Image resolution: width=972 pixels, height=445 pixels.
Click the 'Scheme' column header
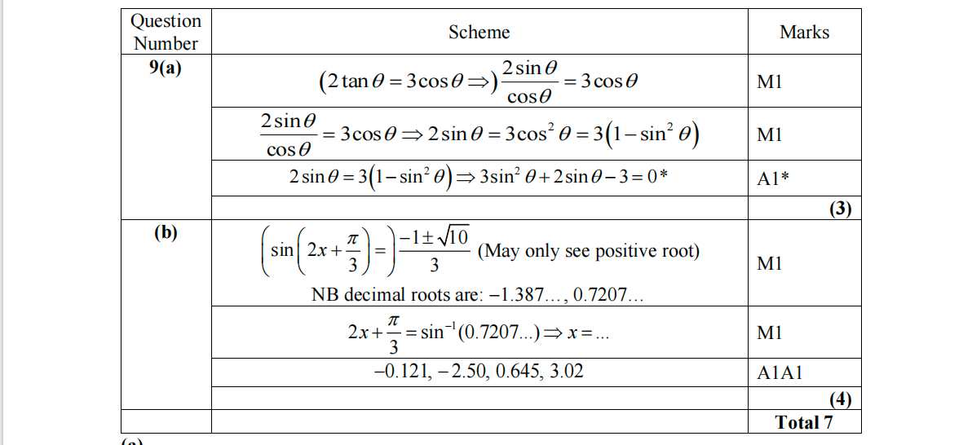click(x=479, y=33)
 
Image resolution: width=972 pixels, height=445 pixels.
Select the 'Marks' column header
click(x=804, y=33)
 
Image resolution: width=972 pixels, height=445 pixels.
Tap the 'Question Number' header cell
click(x=166, y=33)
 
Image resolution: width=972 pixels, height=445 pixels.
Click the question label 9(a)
click(x=166, y=68)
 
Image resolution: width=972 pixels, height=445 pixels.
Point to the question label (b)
click(x=166, y=233)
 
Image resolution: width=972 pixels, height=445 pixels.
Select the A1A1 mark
click(x=780, y=373)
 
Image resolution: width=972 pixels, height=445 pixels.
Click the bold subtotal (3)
click(x=840, y=209)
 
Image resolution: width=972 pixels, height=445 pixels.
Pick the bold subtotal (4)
click(x=840, y=399)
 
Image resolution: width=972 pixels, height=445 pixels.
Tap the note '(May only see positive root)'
click(x=588, y=251)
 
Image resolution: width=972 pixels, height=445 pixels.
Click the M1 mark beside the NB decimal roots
click(x=769, y=264)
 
